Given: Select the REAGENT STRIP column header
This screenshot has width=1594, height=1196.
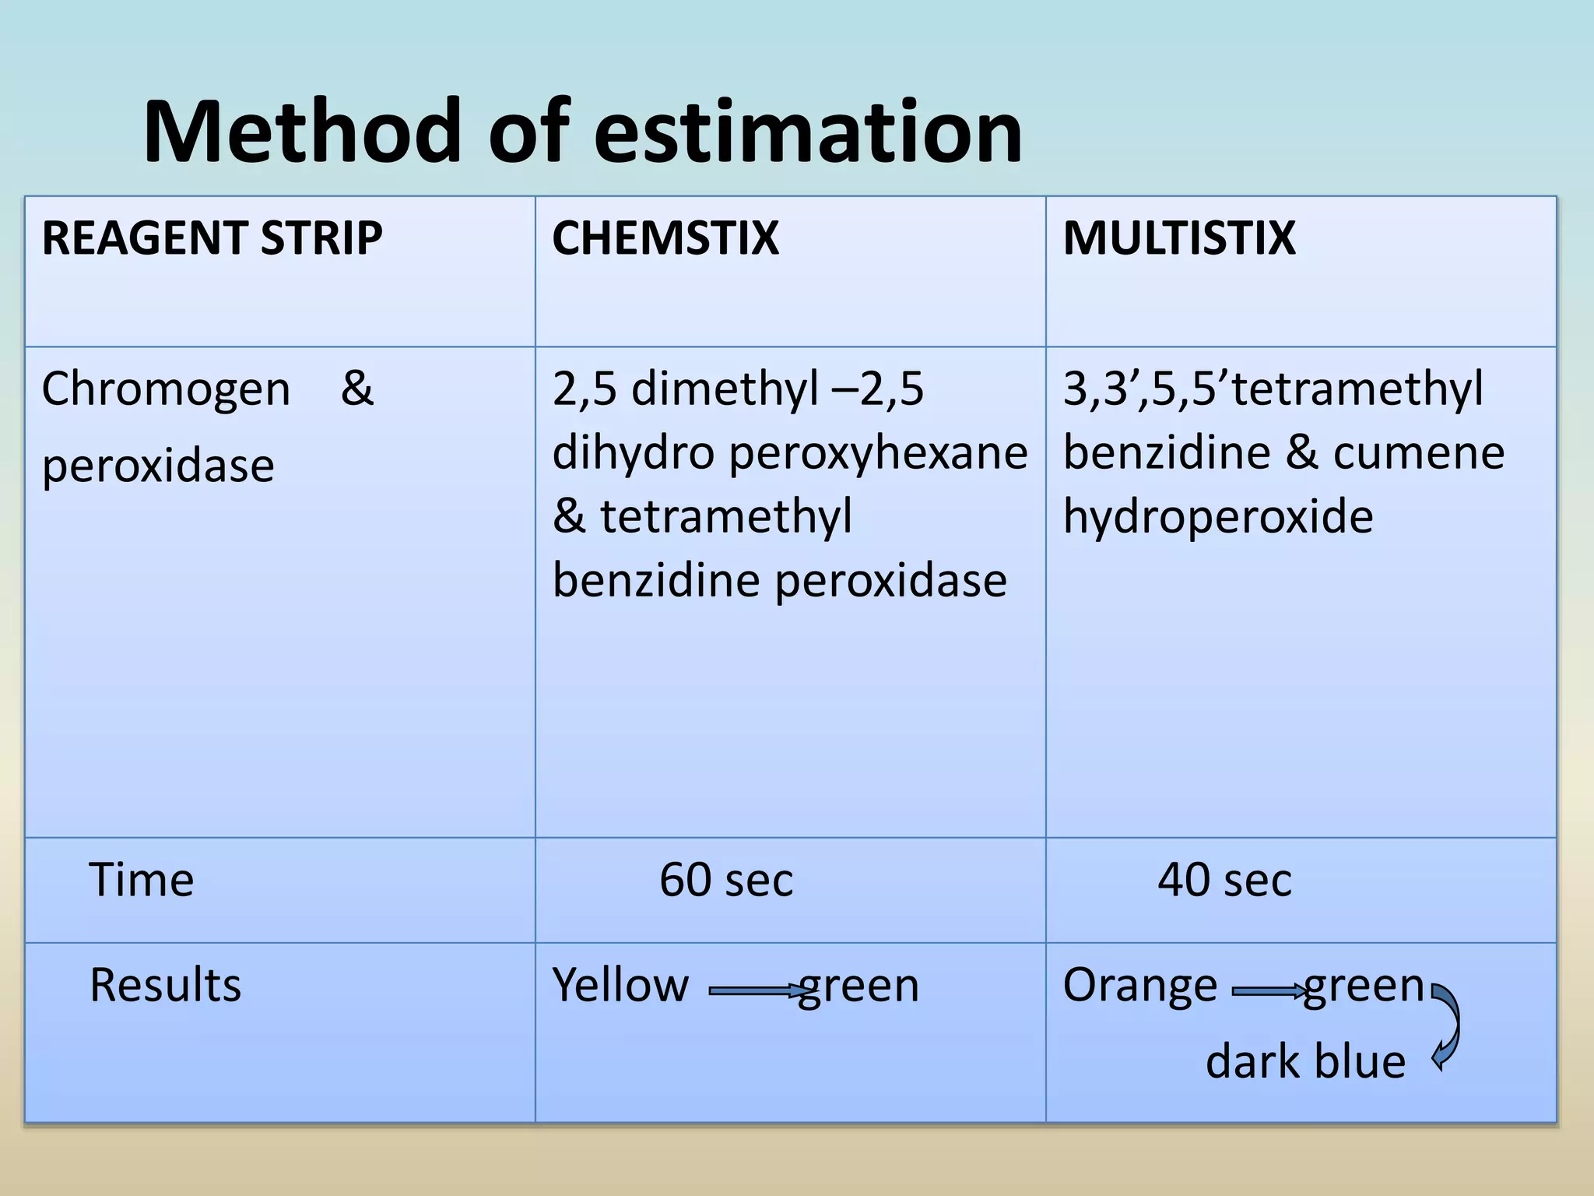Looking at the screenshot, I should (212, 238).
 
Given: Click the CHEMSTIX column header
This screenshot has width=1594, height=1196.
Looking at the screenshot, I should (665, 238).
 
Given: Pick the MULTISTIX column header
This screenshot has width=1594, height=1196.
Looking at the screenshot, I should (1178, 238).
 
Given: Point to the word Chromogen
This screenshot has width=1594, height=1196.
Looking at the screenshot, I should (165, 389).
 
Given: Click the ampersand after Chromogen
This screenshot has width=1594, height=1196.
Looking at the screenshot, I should (357, 389).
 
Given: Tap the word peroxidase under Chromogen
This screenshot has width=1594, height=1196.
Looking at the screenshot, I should (158, 466).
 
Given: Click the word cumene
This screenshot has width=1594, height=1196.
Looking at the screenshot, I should (1418, 453).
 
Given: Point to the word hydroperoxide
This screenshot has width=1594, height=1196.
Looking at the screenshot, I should (1218, 517).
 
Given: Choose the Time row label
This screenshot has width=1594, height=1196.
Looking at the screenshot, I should (142, 880).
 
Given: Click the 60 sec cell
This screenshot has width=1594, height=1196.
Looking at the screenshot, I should (725, 880).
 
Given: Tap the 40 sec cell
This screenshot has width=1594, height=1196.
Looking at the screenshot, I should (1224, 880).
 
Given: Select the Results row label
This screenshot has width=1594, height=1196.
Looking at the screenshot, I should (165, 985).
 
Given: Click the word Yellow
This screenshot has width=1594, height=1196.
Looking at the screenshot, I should (620, 985).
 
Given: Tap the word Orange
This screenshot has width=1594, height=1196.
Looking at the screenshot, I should (1139, 985).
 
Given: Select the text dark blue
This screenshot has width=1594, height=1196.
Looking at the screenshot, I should (1305, 1061).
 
